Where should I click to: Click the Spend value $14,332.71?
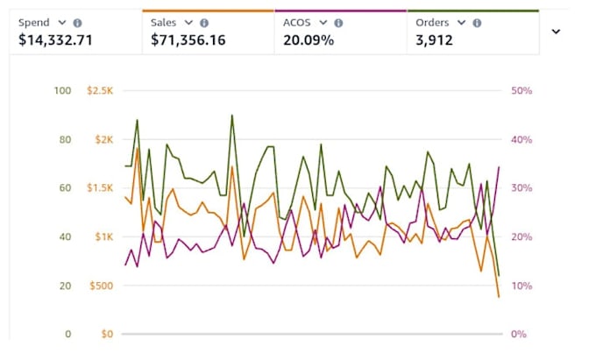(55, 40)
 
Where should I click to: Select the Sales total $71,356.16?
(188, 40)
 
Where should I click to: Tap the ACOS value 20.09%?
(309, 40)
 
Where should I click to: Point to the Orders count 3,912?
(435, 40)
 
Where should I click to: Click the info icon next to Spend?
(77, 23)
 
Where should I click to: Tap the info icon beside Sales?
(204, 23)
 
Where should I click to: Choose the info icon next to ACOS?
(338, 23)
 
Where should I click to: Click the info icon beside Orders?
(477, 23)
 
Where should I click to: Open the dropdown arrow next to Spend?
(62, 23)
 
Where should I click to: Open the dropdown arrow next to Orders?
(461, 23)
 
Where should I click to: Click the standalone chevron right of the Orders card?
(556, 32)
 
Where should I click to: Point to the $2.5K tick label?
(100, 90)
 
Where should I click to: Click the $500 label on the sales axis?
(101, 286)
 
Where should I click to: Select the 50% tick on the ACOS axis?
(521, 90)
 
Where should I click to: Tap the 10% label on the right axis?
(521, 286)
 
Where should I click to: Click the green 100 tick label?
(63, 90)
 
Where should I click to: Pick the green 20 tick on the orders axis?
(66, 286)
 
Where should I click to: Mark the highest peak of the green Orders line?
(232, 115)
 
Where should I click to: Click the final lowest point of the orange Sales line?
(499, 297)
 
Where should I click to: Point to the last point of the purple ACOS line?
(499, 166)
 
